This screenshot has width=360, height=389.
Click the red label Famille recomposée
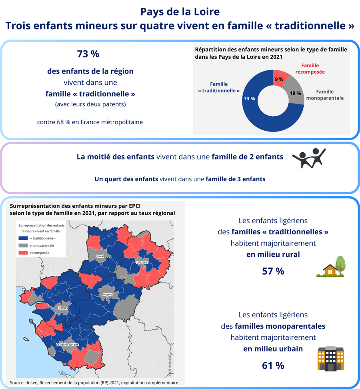click(x=310, y=68)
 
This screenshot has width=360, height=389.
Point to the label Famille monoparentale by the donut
click(x=324, y=95)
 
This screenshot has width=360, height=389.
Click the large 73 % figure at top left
click(x=88, y=54)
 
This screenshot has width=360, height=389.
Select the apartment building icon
click(x=330, y=358)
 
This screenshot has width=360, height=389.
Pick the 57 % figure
click(x=273, y=271)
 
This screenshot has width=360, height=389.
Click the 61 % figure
click(x=273, y=365)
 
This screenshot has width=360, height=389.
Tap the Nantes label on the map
click(x=63, y=308)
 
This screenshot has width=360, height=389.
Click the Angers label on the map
click(x=108, y=294)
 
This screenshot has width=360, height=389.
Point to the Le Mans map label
click(x=142, y=263)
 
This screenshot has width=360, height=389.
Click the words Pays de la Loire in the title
click(x=180, y=12)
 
